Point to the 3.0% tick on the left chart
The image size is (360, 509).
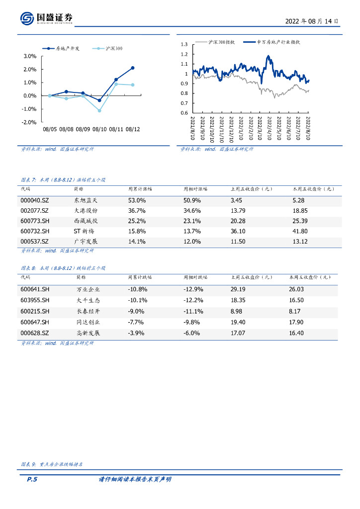tap(30, 56)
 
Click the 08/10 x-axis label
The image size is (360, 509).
tap(99, 129)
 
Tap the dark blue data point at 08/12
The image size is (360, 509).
tap(133, 68)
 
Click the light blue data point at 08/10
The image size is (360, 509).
tap(99, 110)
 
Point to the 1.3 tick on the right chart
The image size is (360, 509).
tap(184, 44)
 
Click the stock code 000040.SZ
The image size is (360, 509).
tap(35, 200)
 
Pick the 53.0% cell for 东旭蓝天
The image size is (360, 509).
tap(137, 200)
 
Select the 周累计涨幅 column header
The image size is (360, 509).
tap(140, 189)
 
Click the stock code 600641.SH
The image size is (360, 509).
tap(35, 289)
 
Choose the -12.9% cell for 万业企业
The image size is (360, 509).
tap(193, 289)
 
